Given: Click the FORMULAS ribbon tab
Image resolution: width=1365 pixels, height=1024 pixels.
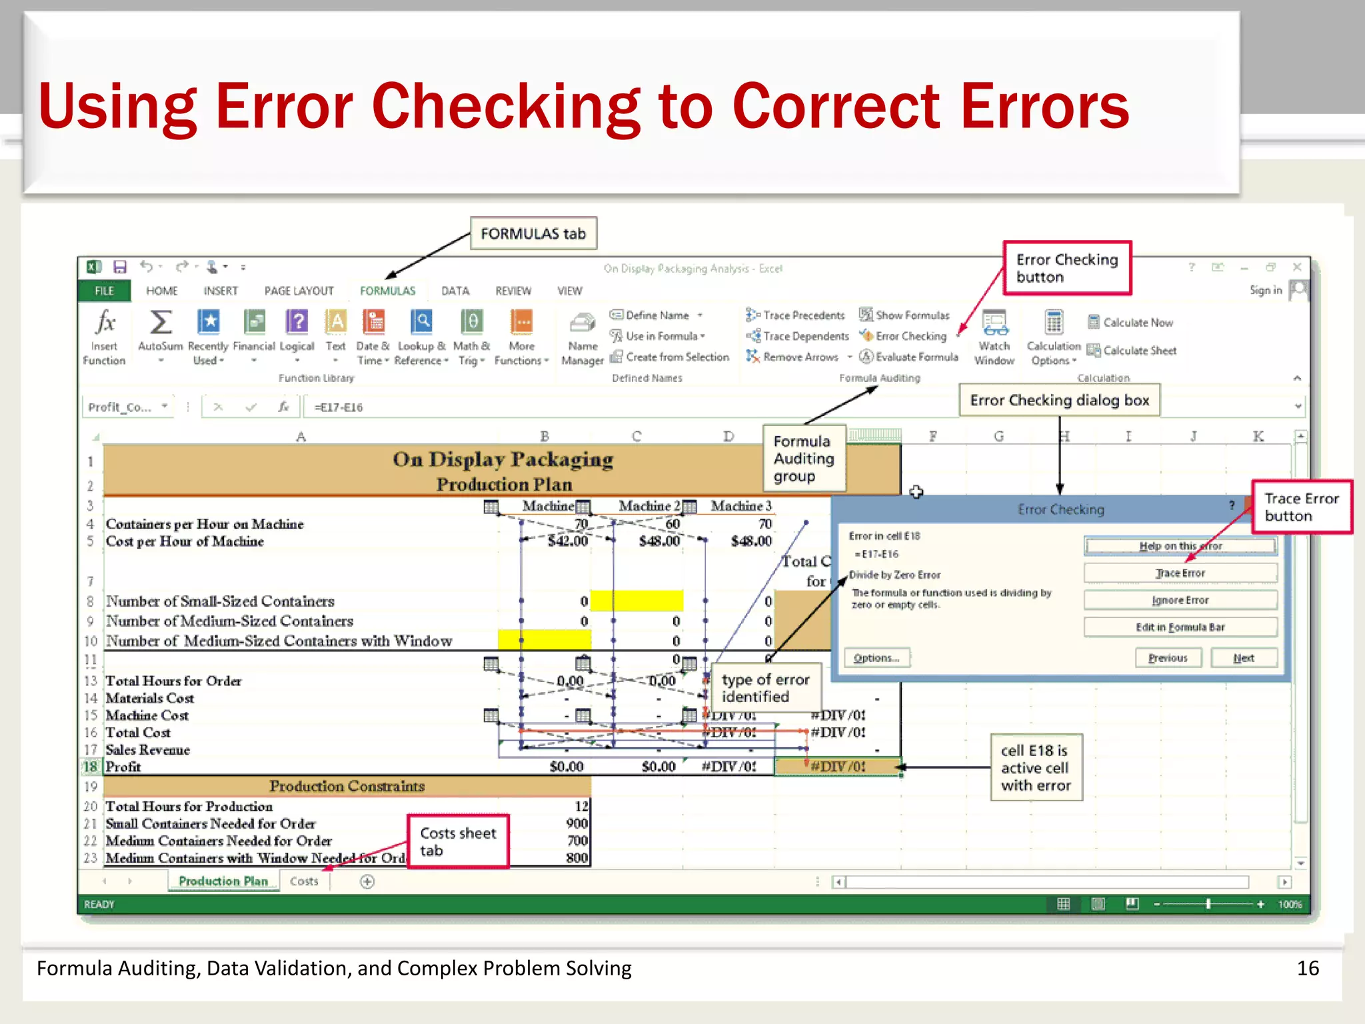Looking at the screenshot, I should click(x=387, y=291).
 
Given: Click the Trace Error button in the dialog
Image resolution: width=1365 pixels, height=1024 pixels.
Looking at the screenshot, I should click(x=1180, y=573).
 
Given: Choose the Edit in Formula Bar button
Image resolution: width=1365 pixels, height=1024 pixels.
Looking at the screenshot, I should click(x=1180, y=627).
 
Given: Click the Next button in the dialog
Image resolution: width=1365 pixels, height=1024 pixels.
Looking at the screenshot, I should click(x=1244, y=658).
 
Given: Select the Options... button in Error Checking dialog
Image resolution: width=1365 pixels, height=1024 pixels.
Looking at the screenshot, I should click(x=876, y=658).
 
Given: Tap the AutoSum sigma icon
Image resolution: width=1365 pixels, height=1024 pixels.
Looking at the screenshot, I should click(x=161, y=323).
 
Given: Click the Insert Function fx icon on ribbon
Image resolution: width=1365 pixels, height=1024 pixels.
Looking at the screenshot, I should click(x=105, y=323).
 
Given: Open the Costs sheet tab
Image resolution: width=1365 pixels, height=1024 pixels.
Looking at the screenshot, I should click(x=304, y=881).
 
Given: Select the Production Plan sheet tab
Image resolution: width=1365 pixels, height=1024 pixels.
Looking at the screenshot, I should click(x=223, y=881).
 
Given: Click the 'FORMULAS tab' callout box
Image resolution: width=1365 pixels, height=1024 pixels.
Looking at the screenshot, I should click(x=533, y=233).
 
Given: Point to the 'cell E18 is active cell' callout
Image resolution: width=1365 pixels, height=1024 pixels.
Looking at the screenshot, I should click(x=1036, y=768).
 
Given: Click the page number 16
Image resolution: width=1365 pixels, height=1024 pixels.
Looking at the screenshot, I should click(x=1308, y=968).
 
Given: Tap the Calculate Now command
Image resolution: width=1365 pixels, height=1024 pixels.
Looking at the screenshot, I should click(x=1137, y=323).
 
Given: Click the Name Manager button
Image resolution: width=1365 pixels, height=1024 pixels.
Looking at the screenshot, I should click(x=583, y=337).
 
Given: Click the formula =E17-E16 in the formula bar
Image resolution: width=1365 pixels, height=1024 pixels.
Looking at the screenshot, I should click(x=339, y=407).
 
